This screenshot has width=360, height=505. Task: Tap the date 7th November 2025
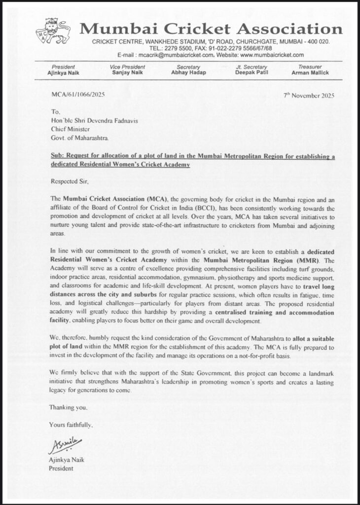pyautogui.click(x=309, y=95)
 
